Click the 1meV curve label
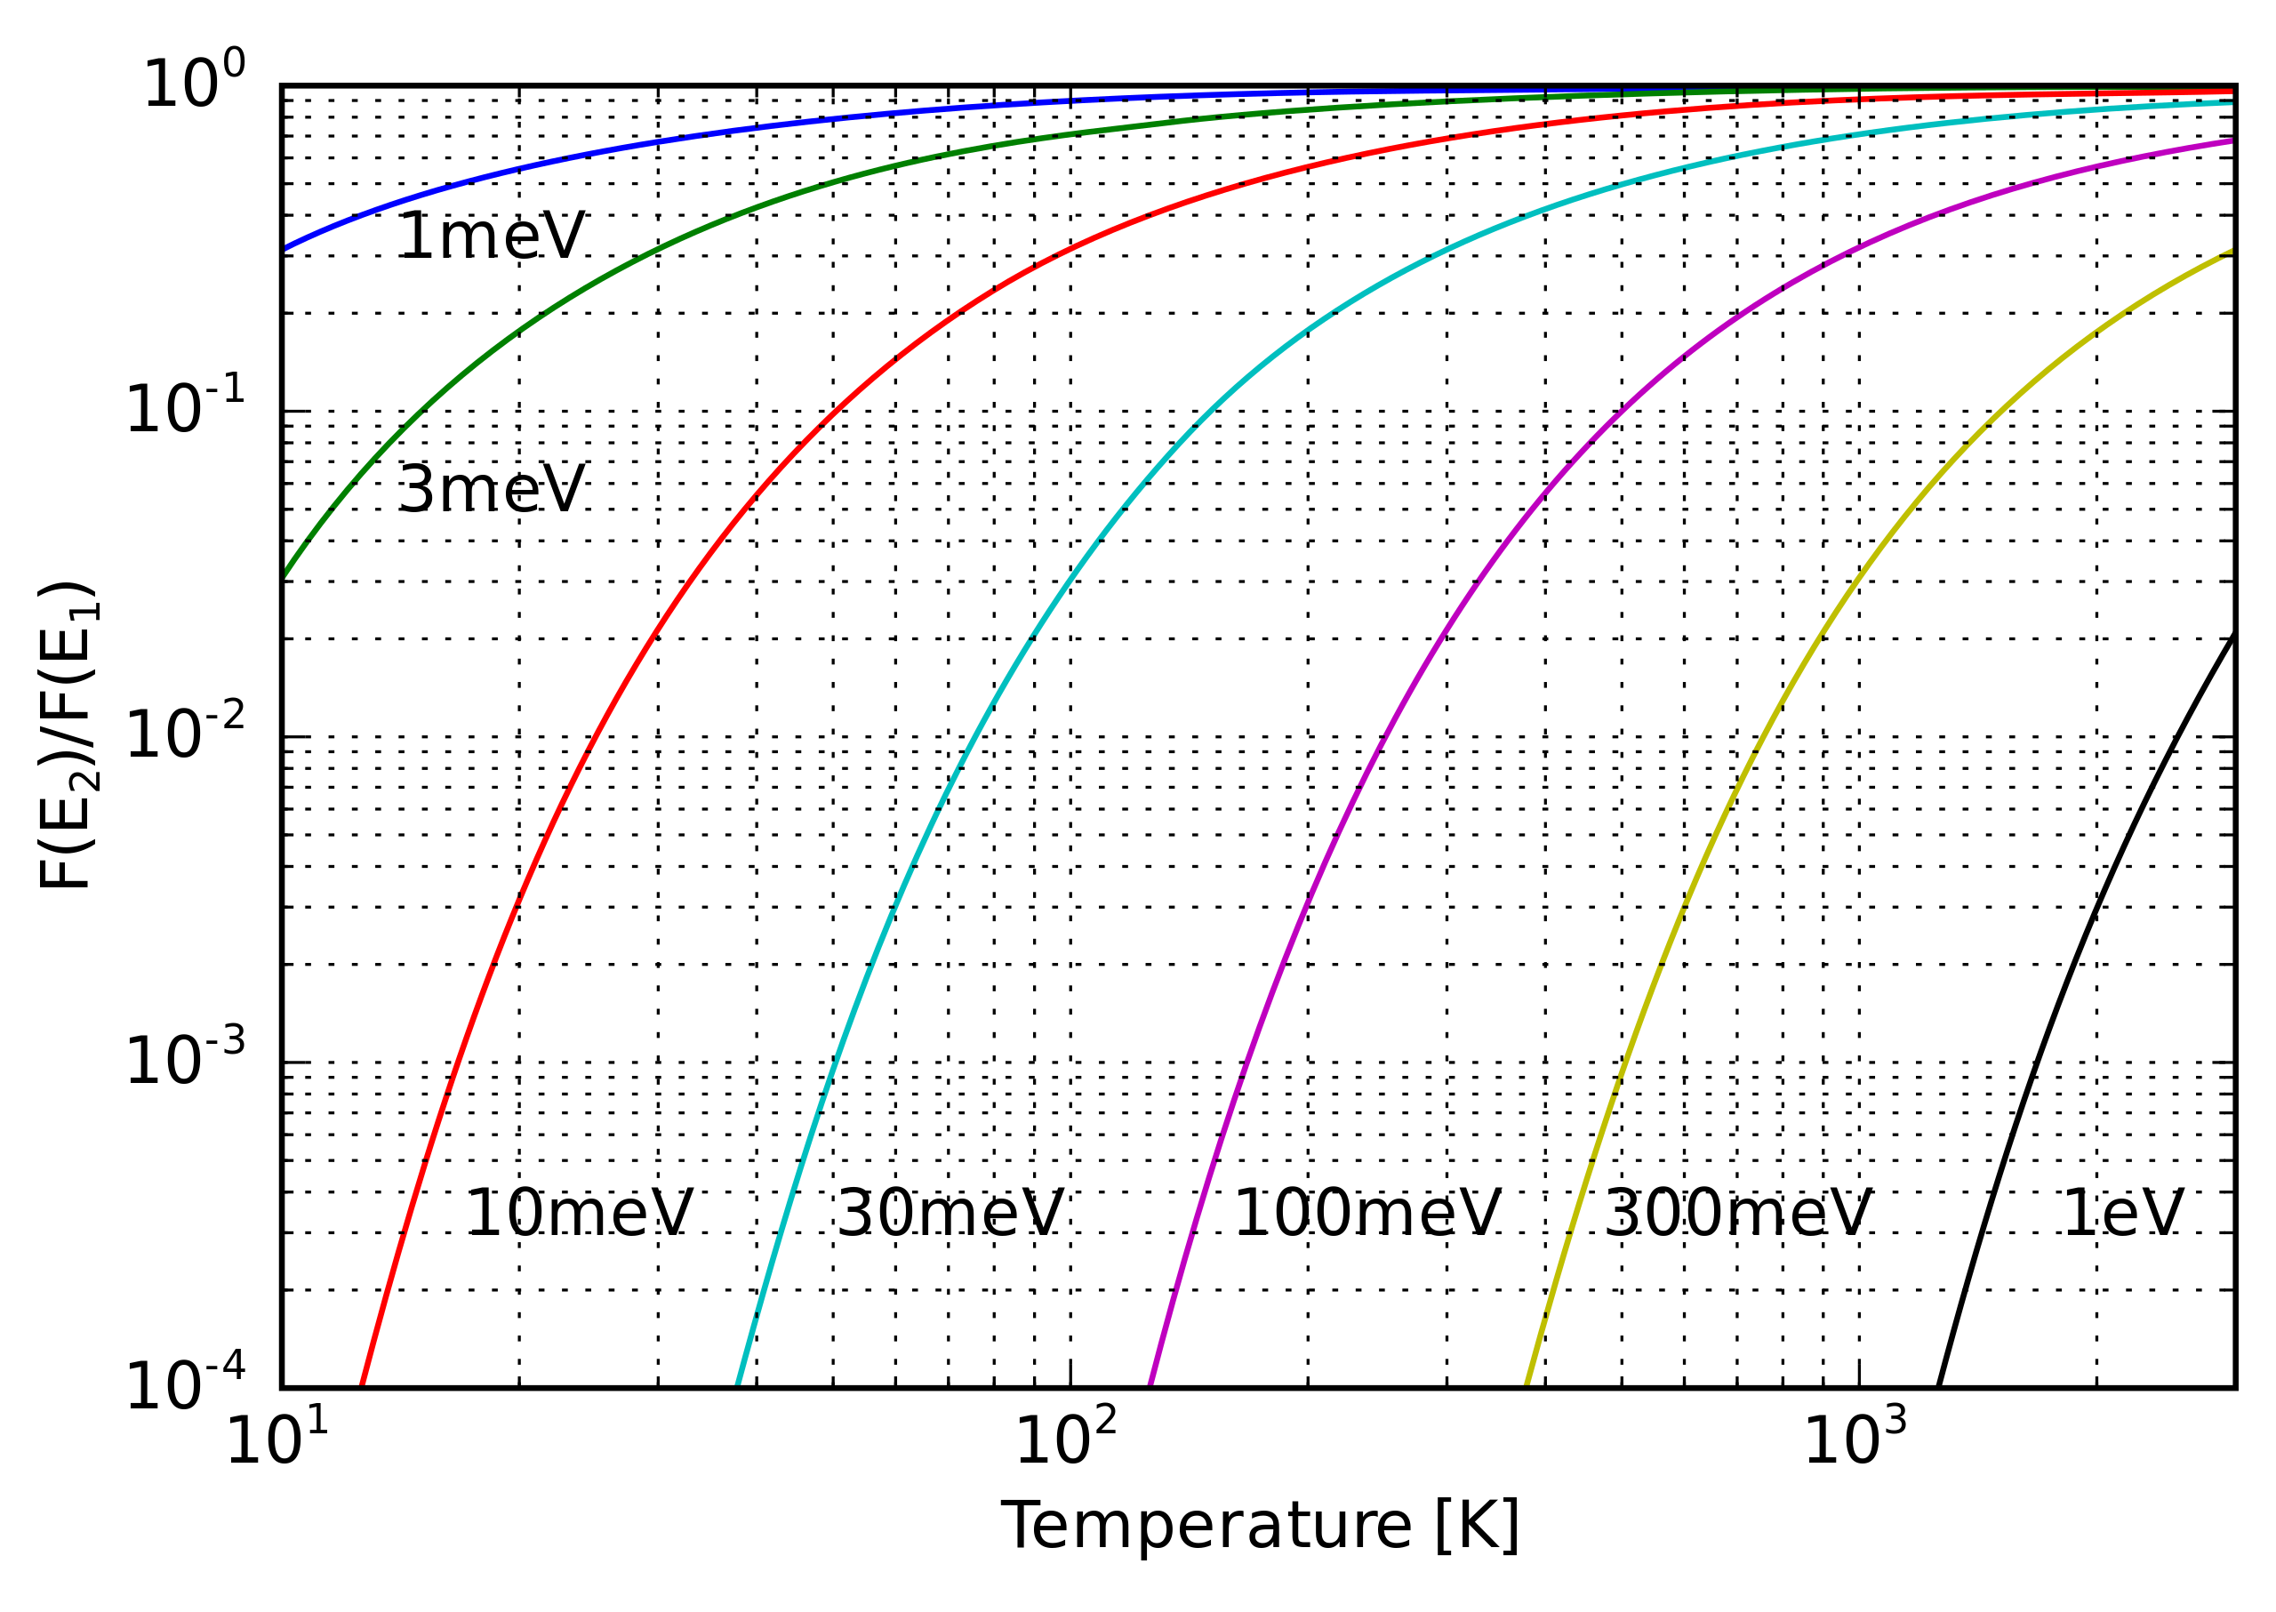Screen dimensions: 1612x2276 (492, 237)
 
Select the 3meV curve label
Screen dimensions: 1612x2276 (492, 490)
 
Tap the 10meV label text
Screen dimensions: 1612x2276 (579, 1213)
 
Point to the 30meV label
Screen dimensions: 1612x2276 (950, 1213)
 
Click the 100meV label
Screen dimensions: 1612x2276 (1366, 1213)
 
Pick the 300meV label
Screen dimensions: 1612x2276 (1737, 1213)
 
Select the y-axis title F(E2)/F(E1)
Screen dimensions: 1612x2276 (68, 735)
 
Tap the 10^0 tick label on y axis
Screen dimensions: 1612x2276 (195, 83)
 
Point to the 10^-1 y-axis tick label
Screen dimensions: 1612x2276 (185, 407)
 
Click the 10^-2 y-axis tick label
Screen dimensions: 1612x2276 (185, 733)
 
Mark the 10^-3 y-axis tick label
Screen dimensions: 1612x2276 (185, 1059)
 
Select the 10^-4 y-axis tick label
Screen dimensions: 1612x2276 (185, 1383)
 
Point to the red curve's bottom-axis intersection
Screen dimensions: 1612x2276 (361, 1385)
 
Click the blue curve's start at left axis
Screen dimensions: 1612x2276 (284, 248)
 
